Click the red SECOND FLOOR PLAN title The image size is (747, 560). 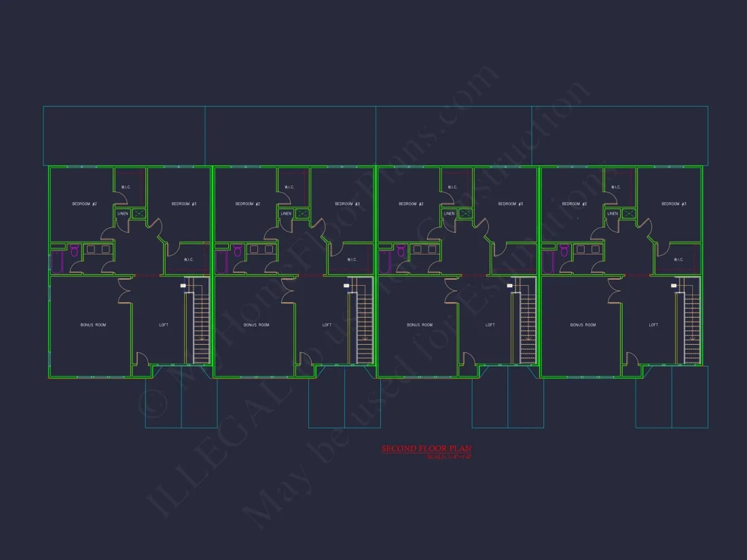[426, 449]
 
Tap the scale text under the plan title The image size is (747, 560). [449, 457]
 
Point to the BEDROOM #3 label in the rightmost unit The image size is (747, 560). [674, 204]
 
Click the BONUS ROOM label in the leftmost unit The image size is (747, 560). [93, 325]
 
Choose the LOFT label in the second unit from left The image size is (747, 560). [327, 325]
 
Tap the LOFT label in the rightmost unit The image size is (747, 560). [653, 325]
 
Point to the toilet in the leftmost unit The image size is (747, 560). [75, 251]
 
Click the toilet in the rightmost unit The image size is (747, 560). [565, 251]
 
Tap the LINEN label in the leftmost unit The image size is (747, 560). [123, 214]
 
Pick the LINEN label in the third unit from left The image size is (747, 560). [449, 214]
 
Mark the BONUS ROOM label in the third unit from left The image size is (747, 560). [420, 325]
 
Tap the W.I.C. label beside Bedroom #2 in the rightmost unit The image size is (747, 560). [615, 187]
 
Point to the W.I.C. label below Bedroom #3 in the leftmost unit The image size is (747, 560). [189, 259]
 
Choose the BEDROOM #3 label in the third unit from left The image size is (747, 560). [511, 204]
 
